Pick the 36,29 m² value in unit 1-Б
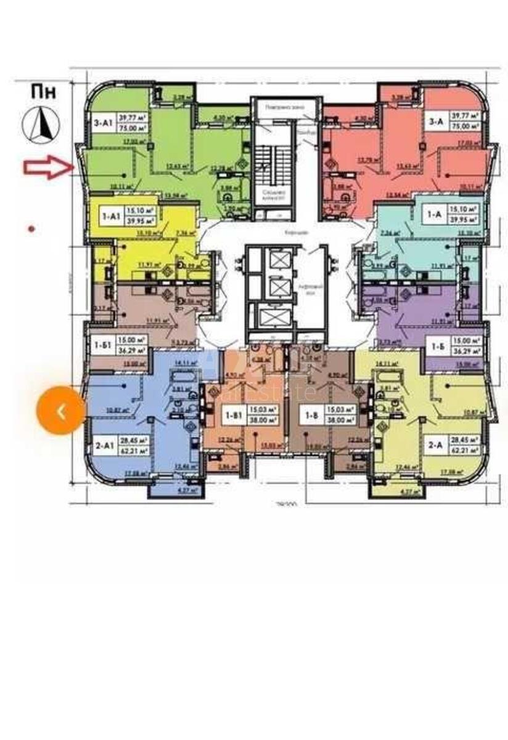(467, 350)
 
